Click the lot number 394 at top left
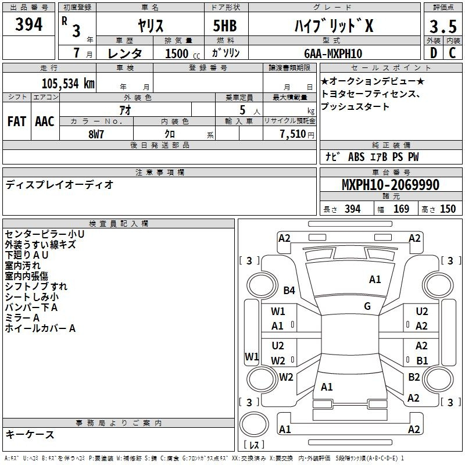pos(28,24)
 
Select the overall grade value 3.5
pos(443,26)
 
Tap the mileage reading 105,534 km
pos(68,83)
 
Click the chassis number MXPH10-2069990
pos(391,184)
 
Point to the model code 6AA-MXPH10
pos(333,53)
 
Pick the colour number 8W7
pos(96,134)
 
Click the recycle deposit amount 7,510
pos(293,134)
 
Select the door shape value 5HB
pos(225,26)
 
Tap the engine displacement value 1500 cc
pos(183,53)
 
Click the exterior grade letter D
pos(434,53)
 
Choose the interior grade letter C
pos(452,53)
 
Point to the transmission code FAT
pos(17,121)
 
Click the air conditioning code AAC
pos(45,121)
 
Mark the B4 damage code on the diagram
pos(289,290)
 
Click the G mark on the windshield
pos(367,306)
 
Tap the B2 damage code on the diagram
pos(414,377)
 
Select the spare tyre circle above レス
pos(254,424)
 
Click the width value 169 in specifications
pos(401,209)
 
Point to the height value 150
pos(448,209)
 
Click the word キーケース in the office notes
pos(30,434)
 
